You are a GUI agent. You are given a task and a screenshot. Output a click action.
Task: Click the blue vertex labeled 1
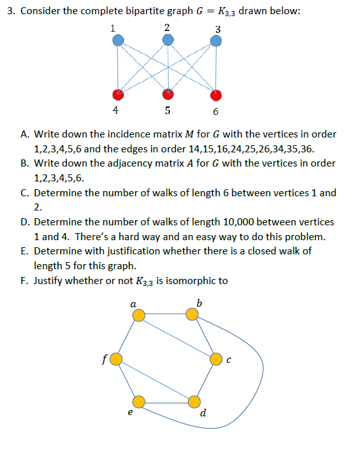[118, 41]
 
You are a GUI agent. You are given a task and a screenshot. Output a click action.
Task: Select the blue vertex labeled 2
[168, 41]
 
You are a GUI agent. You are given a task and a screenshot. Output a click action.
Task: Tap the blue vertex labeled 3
[217, 41]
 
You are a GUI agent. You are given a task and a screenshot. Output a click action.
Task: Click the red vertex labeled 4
[118, 94]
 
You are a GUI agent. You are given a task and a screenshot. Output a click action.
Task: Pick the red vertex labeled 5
[168, 94]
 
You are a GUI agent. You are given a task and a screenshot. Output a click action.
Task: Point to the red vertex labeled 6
[217, 94]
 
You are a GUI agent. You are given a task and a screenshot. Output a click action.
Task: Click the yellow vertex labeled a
[138, 314]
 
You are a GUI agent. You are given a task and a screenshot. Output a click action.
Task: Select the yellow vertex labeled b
[193, 314]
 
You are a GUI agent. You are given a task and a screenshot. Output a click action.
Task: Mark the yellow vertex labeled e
[138, 402]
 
